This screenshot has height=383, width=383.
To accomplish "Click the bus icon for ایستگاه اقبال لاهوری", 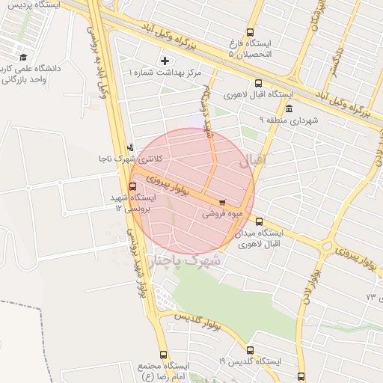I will (259, 84).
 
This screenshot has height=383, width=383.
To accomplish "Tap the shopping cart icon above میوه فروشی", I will (222, 203).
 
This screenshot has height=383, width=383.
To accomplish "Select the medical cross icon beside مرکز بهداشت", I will (165, 60).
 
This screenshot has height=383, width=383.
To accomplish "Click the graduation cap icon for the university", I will (23, 57).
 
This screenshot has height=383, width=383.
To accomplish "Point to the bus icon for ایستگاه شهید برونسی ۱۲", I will (133, 187).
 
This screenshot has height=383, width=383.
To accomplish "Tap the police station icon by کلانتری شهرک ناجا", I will (132, 147).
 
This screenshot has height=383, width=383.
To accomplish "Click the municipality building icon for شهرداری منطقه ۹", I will (289, 108).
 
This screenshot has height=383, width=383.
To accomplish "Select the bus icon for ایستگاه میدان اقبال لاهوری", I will (260, 221).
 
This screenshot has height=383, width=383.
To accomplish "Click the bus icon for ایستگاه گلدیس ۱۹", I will (250, 349).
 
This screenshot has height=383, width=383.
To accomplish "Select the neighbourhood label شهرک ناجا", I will (196, 260).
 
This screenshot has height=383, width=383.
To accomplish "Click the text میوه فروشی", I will (221, 214).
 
